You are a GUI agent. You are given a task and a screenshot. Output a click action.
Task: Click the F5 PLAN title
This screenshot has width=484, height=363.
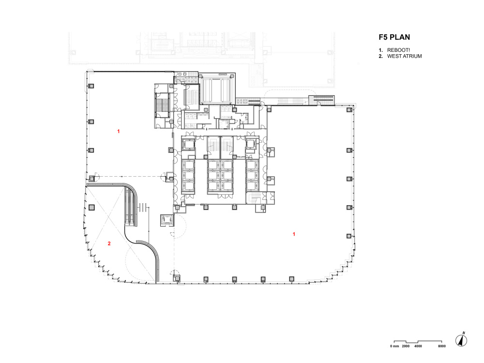tap(394, 37)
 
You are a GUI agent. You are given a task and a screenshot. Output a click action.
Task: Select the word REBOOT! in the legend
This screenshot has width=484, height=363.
tap(398, 50)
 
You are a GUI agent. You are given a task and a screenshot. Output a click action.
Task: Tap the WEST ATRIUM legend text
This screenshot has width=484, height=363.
tap(404, 56)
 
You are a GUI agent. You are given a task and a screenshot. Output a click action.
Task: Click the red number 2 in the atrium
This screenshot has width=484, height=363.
tap(109, 243)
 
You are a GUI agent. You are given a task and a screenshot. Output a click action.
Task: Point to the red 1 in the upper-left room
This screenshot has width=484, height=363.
tap(119, 131)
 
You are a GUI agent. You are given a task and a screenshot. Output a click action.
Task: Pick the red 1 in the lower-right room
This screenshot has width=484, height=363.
tap(294, 234)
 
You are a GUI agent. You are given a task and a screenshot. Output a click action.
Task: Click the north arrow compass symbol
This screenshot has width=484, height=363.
tap(461, 340)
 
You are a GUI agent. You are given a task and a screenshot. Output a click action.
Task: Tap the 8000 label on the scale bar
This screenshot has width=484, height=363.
tap(442, 346)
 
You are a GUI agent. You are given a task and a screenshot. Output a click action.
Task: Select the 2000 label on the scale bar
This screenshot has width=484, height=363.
tap(406, 346)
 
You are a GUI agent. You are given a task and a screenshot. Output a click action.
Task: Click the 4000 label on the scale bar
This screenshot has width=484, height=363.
tap(418, 346)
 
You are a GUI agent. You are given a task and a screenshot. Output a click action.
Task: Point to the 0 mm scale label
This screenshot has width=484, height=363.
tap(394, 346)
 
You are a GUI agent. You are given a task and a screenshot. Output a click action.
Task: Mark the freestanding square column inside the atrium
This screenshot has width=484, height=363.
tap(91, 207)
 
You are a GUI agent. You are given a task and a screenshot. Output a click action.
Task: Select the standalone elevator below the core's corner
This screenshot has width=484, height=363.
tap(167, 220)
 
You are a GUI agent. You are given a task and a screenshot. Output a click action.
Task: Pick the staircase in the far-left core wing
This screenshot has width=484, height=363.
tap(162, 105)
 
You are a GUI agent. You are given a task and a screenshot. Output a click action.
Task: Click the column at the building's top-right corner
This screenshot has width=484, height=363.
tap(349, 109)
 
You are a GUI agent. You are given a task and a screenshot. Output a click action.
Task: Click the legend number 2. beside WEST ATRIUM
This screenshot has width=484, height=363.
tap(381, 56)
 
